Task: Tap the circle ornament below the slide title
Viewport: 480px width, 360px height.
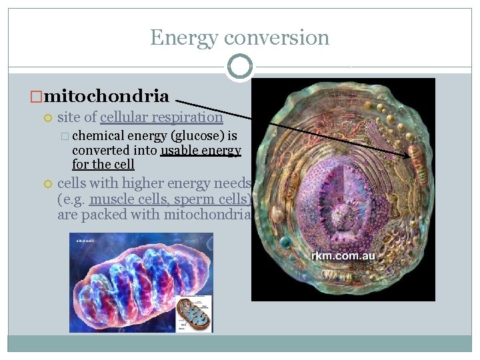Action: click(x=240, y=67)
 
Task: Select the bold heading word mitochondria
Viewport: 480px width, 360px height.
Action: click(x=107, y=96)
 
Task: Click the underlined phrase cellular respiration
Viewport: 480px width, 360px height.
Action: click(x=161, y=117)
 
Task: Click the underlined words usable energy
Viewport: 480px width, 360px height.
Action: click(x=201, y=150)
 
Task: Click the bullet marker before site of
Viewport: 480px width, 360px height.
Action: click(x=47, y=118)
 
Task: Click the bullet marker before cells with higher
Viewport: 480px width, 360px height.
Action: click(x=47, y=184)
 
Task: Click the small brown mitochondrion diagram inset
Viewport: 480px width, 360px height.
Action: click(x=193, y=313)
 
